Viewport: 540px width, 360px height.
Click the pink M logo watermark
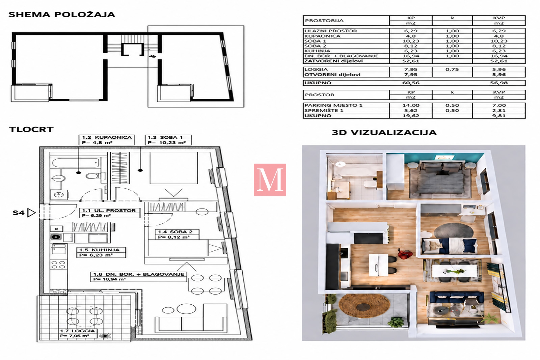(270, 180)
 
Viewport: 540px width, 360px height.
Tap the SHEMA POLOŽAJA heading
(62, 15)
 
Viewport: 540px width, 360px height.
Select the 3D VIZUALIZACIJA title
(384, 133)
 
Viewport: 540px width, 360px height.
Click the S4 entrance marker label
(19, 213)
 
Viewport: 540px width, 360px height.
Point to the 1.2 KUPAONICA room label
(107, 137)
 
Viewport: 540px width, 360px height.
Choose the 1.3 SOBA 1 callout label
(165, 137)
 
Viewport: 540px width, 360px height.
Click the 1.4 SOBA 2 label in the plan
(175, 232)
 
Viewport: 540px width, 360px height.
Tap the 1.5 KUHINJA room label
(99, 250)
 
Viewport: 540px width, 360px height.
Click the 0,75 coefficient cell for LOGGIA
(452, 70)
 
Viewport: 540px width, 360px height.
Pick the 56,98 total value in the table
(499, 83)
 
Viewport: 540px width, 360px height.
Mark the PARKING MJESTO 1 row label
(333, 105)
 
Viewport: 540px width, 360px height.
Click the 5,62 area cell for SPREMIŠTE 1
(411, 111)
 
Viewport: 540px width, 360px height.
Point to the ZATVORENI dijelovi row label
(333, 61)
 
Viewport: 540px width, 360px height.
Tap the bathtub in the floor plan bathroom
(76, 163)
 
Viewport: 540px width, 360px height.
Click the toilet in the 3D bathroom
(369, 185)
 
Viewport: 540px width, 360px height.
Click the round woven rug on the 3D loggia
(364, 306)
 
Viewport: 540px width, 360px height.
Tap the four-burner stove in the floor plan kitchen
(58, 265)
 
